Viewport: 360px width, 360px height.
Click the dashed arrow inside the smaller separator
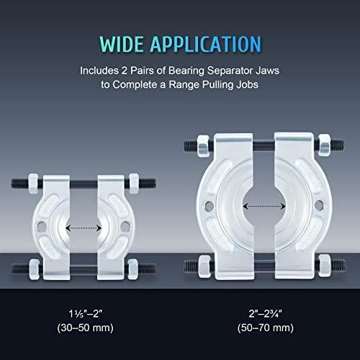coord(81,228)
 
